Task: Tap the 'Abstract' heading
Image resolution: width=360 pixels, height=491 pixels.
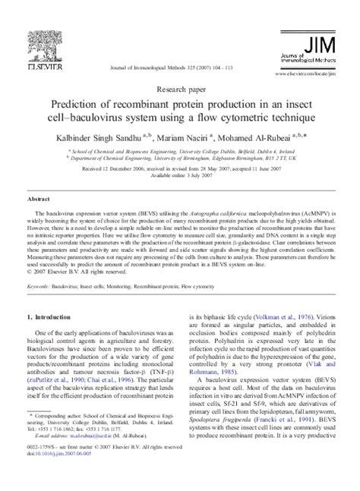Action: [39, 196]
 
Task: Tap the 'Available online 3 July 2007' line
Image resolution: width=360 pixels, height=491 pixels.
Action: [180, 174]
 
